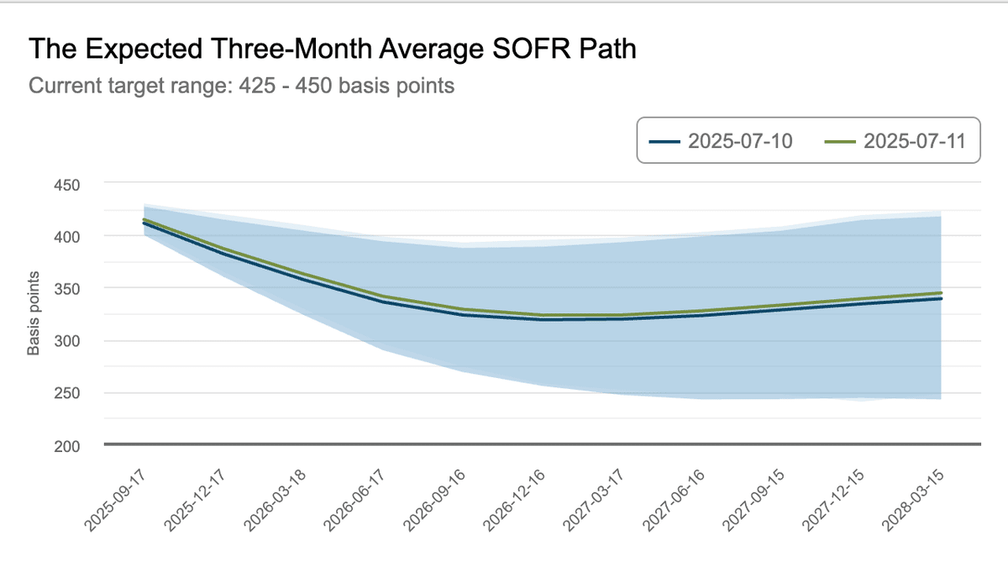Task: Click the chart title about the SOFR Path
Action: pos(332,49)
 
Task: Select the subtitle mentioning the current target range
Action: pos(242,86)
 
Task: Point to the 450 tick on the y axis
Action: pos(68,184)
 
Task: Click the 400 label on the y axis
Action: pos(68,236)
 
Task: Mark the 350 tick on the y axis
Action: pos(68,288)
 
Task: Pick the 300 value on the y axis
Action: pos(68,341)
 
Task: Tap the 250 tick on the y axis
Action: pos(68,393)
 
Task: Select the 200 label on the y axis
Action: pos(68,445)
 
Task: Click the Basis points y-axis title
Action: pos(34,314)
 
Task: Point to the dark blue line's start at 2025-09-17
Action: pos(144,223)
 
